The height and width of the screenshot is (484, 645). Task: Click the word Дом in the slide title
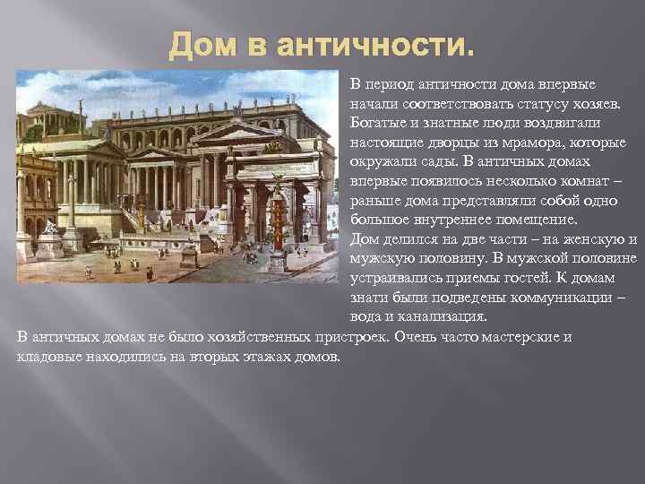195,42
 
